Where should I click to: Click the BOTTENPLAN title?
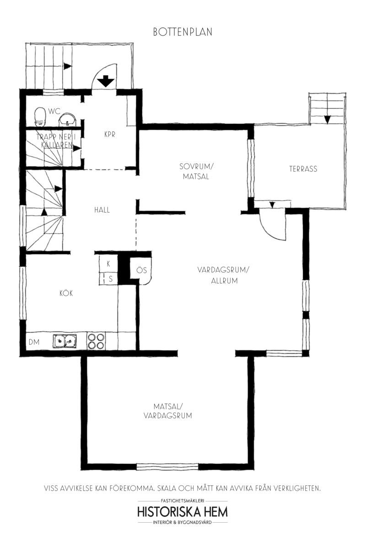183,32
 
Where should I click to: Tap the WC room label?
54,111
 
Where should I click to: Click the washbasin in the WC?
67,119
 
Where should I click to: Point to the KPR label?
110,134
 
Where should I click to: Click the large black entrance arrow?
106,81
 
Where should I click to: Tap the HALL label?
102,210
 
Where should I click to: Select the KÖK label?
66,293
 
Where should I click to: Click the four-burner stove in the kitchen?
96,341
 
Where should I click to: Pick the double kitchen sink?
65,341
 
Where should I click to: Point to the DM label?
34,342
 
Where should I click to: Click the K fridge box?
108,264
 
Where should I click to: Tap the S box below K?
108,279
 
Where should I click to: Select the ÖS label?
141,270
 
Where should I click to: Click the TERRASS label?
303,169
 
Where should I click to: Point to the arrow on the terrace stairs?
327,119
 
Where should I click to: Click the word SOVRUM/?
196,166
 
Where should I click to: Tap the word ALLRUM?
224,281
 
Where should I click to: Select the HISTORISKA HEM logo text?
183,512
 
